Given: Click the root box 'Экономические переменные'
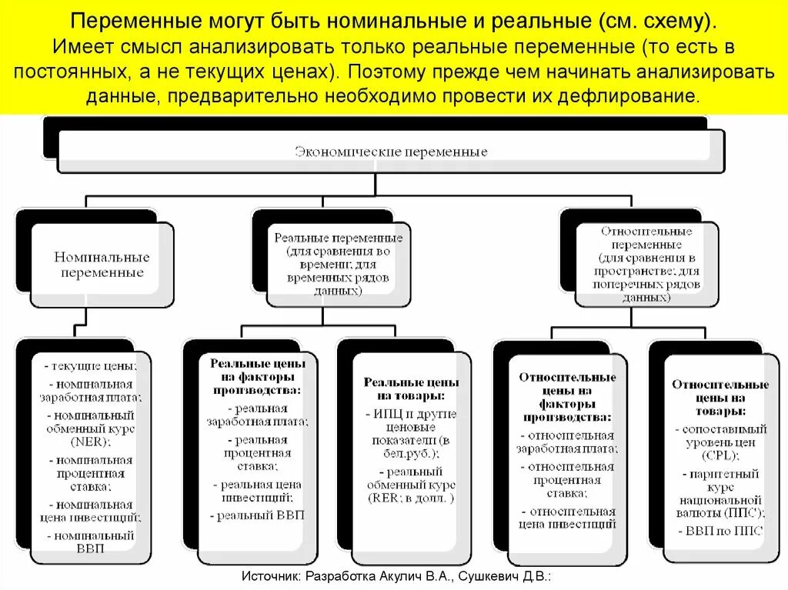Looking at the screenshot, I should point(391,152).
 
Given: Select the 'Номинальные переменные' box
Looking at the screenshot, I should point(102,265).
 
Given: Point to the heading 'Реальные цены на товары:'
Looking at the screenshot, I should point(411,388).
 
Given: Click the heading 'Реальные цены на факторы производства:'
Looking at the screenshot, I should point(258,376).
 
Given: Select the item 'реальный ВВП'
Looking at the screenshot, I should point(258,515).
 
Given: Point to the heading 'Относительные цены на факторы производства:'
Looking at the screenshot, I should point(567,397).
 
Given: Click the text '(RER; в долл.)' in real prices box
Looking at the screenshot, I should point(411,498).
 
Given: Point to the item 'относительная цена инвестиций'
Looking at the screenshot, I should point(567,518).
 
